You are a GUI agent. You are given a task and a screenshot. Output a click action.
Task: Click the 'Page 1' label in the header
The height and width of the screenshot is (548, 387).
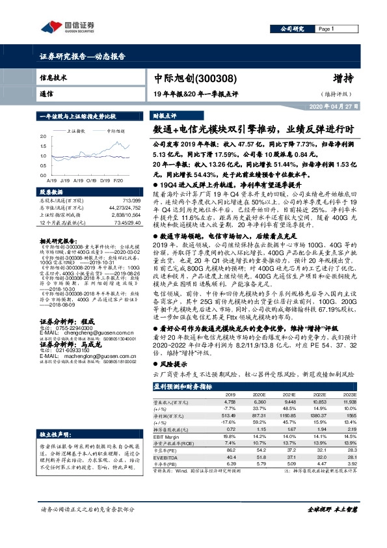327,29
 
